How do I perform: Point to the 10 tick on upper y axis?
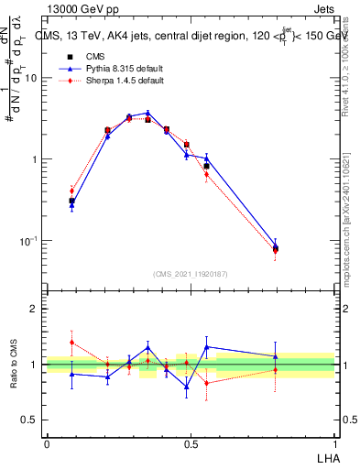[x=32, y=78]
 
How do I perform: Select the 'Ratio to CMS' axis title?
[x=14, y=365]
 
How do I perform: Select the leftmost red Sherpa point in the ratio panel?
[x=71, y=342]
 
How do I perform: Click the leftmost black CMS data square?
[x=71, y=201]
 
